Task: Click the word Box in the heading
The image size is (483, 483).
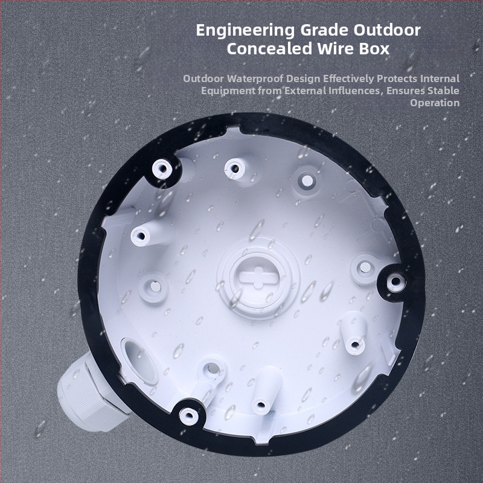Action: tap(374, 49)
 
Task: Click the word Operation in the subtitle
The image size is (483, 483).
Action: tap(435, 103)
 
